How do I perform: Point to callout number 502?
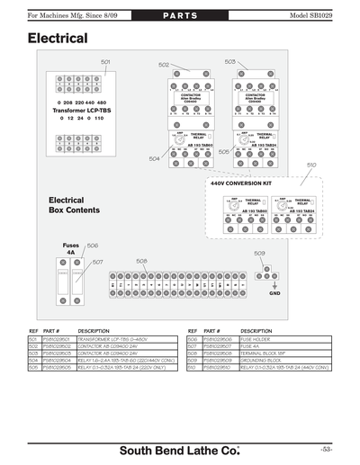pos(164,65)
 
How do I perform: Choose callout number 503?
pos(229,61)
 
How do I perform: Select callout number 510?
pos(311,165)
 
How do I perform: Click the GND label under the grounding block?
pos(275,294)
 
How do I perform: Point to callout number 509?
pos(259,254)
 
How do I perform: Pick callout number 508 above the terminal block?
pos(141,261)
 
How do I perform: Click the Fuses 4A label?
pos(71,249)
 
